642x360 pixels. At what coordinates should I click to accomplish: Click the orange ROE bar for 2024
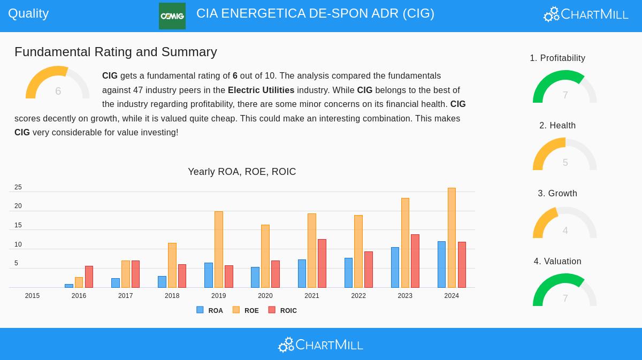point(452,238)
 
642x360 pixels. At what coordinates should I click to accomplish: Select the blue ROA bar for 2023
point(395,267)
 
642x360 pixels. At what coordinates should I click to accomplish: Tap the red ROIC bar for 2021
point(322,263)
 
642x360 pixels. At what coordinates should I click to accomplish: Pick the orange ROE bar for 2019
point(218,249)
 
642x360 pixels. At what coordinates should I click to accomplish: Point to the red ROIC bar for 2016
point(89,277)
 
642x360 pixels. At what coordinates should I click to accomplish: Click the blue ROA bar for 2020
point(255,277)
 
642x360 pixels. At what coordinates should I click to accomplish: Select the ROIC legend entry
point(282,310)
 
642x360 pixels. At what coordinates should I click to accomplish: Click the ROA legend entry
point(210,310)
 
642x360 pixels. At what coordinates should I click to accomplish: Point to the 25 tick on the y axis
point(18,187)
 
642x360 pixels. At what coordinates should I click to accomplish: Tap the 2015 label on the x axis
point(32,296)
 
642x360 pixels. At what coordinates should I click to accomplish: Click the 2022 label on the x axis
point(358,296)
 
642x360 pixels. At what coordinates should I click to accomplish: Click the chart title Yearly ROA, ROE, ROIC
point(242,172)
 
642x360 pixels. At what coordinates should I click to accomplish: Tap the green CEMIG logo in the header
point(172,16)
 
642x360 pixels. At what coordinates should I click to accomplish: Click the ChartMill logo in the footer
point(320,344)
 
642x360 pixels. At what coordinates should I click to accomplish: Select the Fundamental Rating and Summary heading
point(116,52)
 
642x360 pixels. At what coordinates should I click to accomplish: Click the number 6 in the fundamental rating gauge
point(58,91)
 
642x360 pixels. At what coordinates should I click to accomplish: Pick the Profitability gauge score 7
point(565,95)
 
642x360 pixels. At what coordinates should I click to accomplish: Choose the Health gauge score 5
point(565,163)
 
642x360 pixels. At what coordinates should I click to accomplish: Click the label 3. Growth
point(557,193)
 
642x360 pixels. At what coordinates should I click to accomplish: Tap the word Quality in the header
point(28,13)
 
